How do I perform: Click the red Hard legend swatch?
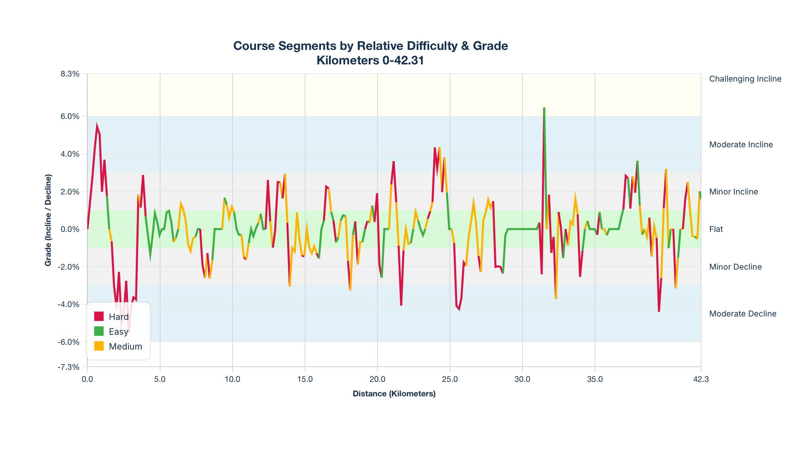pyautogui.click(x=99, y=316)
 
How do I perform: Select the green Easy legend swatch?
pyautogui.click(x=99, y=331)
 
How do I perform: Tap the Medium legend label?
pyautogui.click(x=125, y=346)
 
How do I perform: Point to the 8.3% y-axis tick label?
pyautogui.click(x=70, y=74)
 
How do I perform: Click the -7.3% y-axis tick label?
pyautogui.click(x=69, y=367)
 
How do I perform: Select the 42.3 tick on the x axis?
pyautogui.click(x=701, y=379)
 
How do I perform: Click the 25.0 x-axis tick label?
pyautogui.click(x=450, y=379)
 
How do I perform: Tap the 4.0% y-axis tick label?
pyautogui.click(x=70, y=154)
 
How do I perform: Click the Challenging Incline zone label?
pyautogui.click(x=745, y=79)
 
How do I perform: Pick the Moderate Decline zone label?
pyautogui.click(x=743, y=314)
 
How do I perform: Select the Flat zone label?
pyautogui.click(x=716, y=229)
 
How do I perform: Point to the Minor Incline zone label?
pyautogui.click(x=733, y=192)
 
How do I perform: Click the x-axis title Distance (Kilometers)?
pyautogui.click(x=394, y=394)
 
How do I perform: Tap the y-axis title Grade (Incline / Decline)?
pyautogui.click(x=48, y=220)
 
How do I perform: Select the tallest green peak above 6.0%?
pyautogui.click(x=544, y=109)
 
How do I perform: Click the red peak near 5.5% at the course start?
pyautogui.click(x=97, y=126)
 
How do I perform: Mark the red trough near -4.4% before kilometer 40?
pyautogui.click(x=659, y=311)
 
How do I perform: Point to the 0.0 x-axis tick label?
pyautogui.click(x=87, y=379)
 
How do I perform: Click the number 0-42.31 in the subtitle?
pyautogui.click(x=403, y=60)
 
